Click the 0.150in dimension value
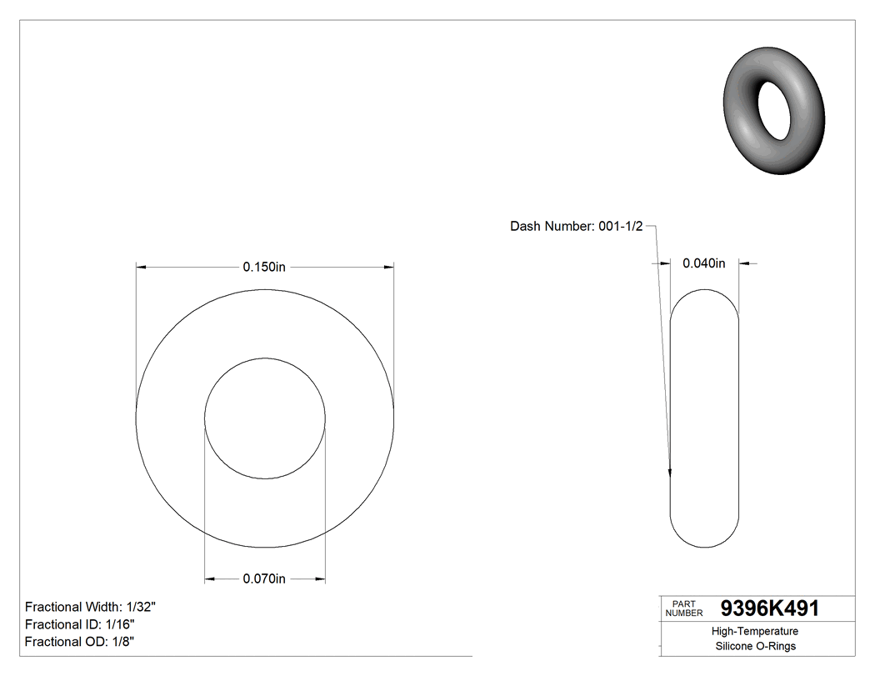coord(264,267)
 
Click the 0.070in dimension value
coord(264,578)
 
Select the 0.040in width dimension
coord(704,263)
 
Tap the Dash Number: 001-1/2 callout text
coord(576,226)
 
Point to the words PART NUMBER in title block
coord(684,608)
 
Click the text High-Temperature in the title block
coord(755,632)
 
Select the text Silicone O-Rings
coord(755,646)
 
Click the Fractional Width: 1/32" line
coord(91,607)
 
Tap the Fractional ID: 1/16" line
coord(80,624)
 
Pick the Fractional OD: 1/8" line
coord(80,642)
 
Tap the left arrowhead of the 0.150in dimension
coord(142,268)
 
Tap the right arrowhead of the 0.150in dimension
coord(388,268)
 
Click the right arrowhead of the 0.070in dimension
coord(320,578)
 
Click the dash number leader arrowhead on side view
coord(671,473)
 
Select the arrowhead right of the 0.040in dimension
coord(744,263)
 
